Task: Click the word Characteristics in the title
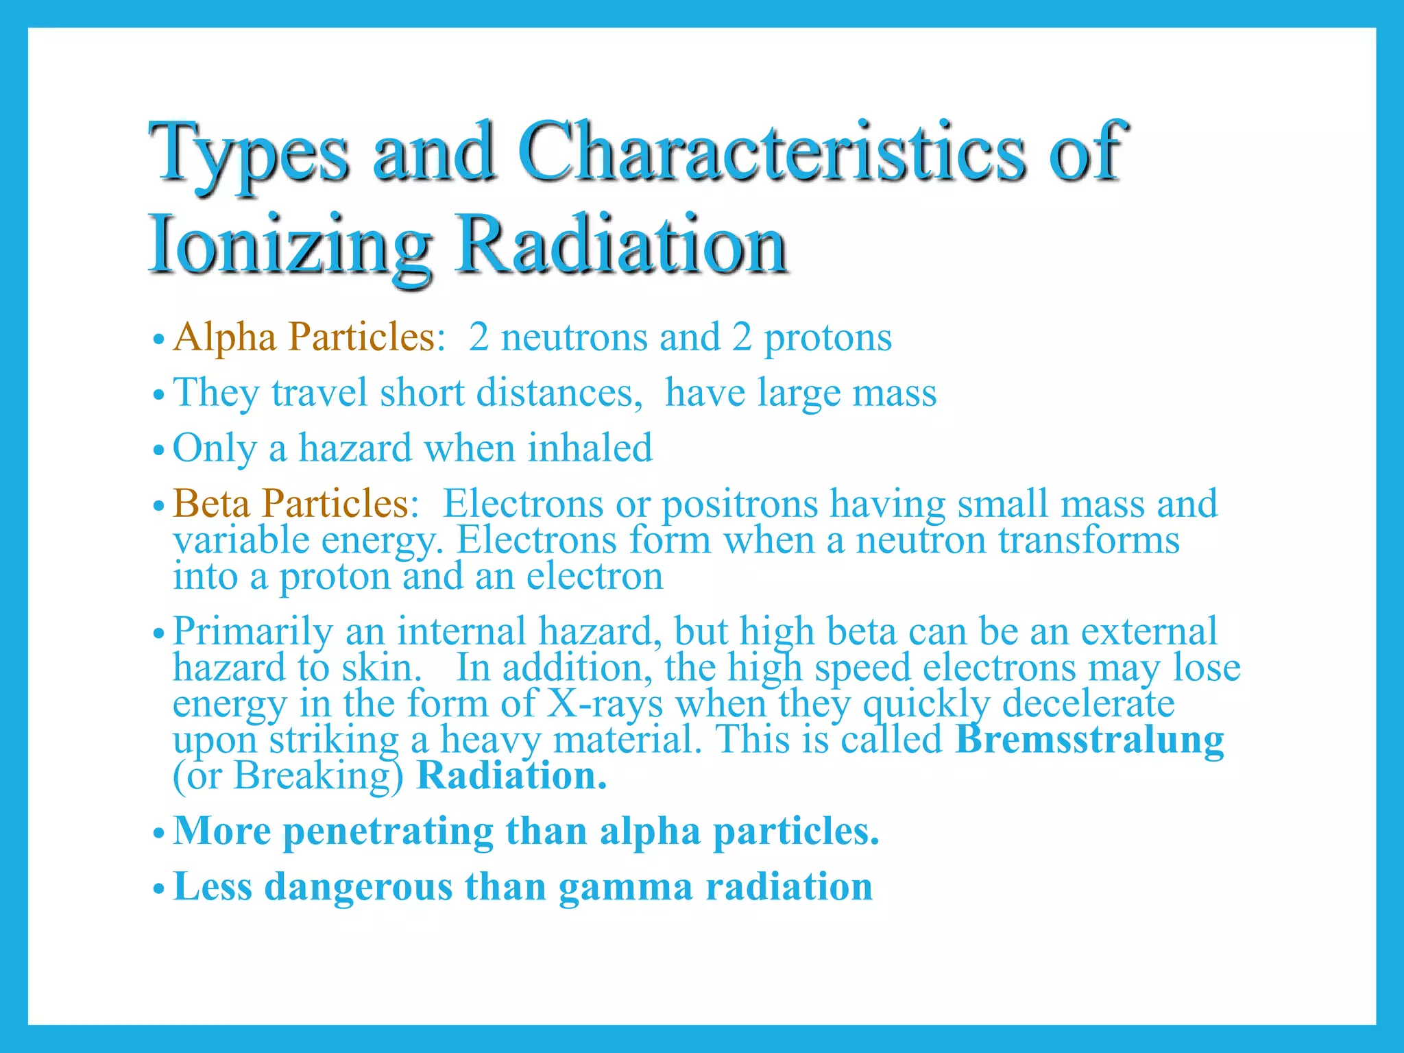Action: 771,152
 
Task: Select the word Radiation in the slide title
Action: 621,245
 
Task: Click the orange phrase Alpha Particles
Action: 304,337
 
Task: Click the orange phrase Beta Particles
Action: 291,503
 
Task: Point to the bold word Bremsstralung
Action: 1089,740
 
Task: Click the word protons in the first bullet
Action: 827,338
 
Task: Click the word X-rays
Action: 605,704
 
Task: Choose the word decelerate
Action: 1088,704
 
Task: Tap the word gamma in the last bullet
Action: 625,887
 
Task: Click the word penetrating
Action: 388,832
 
